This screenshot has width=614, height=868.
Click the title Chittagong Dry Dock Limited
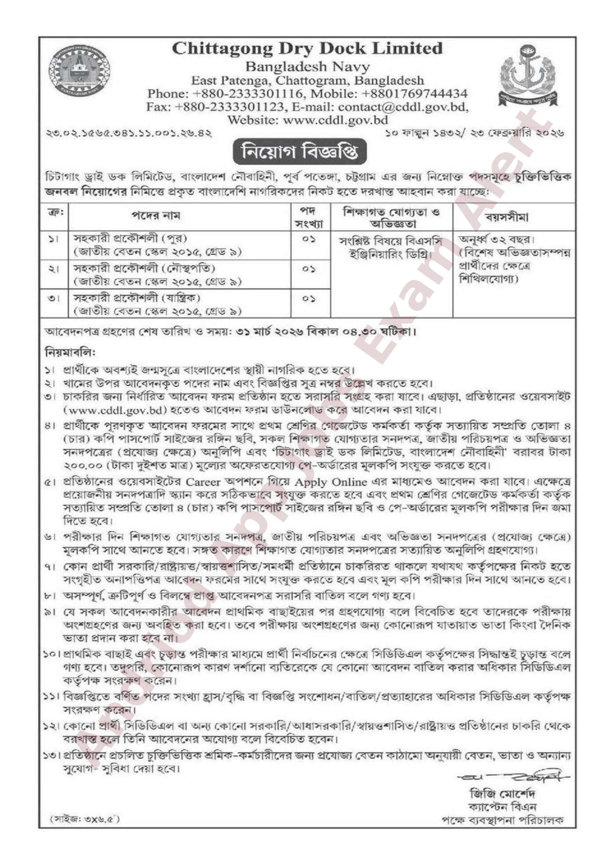pos(307,49)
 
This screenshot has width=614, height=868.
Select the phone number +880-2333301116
pos(248,94)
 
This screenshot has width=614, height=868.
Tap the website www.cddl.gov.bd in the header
pos(335,120)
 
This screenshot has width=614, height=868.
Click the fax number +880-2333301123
pos(229,107)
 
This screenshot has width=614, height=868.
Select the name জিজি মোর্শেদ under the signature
pos(502,793)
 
